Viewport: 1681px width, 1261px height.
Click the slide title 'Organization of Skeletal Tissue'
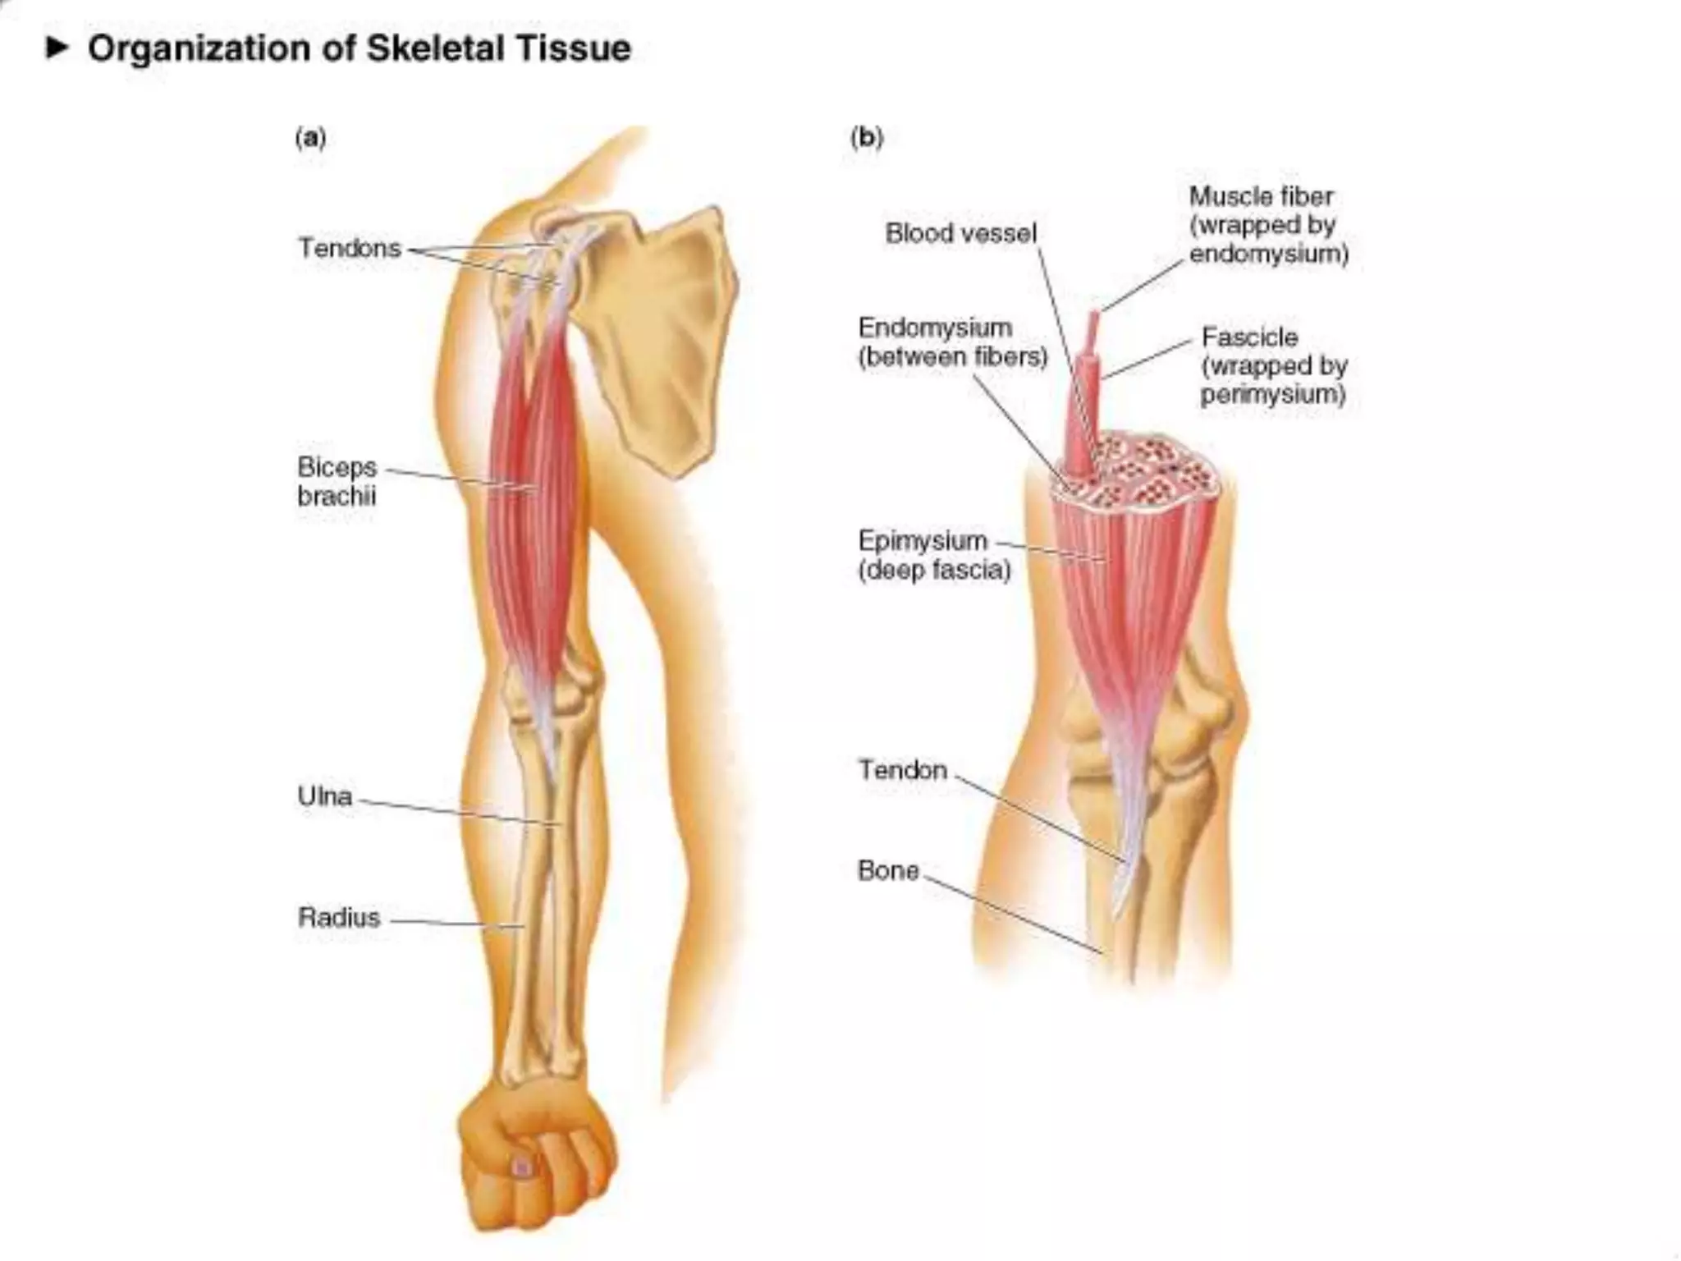[x=360, y=48]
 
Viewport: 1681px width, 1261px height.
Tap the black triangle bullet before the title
[x=57, y=48]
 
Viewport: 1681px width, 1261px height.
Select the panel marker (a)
[x=310, y=137]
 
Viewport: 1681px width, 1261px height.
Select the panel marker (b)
[x=867, y=137]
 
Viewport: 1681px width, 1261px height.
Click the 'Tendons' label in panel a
[x=350, y=248]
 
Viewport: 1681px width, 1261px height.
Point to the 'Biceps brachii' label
[x=337, y=481]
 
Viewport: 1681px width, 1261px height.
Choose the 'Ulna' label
[x=325, y=796]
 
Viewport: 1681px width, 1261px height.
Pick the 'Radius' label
[x=339, y=917]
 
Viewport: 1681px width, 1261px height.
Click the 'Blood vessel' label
[x=960, y=233]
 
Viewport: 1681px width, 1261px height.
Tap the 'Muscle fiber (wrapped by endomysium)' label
[x=1268, y=225]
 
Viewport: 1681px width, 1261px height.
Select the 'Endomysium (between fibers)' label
[x=952, y=342]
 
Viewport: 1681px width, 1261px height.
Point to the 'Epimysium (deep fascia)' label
[x=934, y=555]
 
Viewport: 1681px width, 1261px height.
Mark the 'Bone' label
[x=888, y=870]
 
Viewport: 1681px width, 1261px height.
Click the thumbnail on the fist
[x=522, y=1166]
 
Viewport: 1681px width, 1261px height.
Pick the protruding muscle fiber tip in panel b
[x=1093, y=324]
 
